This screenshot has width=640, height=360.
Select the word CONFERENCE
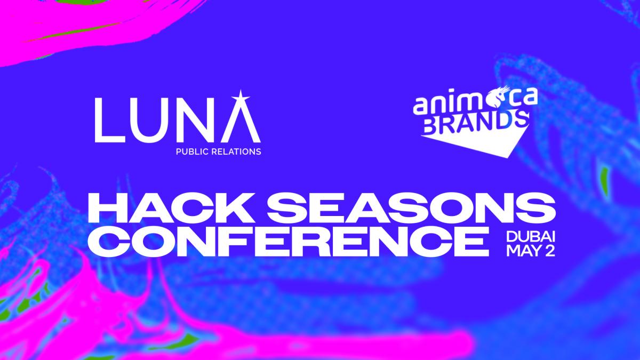(x=289, y=241)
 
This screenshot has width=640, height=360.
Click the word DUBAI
(x=531, y=237)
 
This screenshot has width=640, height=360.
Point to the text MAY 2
(x=531, y=251)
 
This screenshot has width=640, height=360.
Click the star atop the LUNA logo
(x=241, y=98)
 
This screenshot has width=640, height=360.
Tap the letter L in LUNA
(x=109, y=120)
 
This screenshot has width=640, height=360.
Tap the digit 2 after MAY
(x=550, y=251)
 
